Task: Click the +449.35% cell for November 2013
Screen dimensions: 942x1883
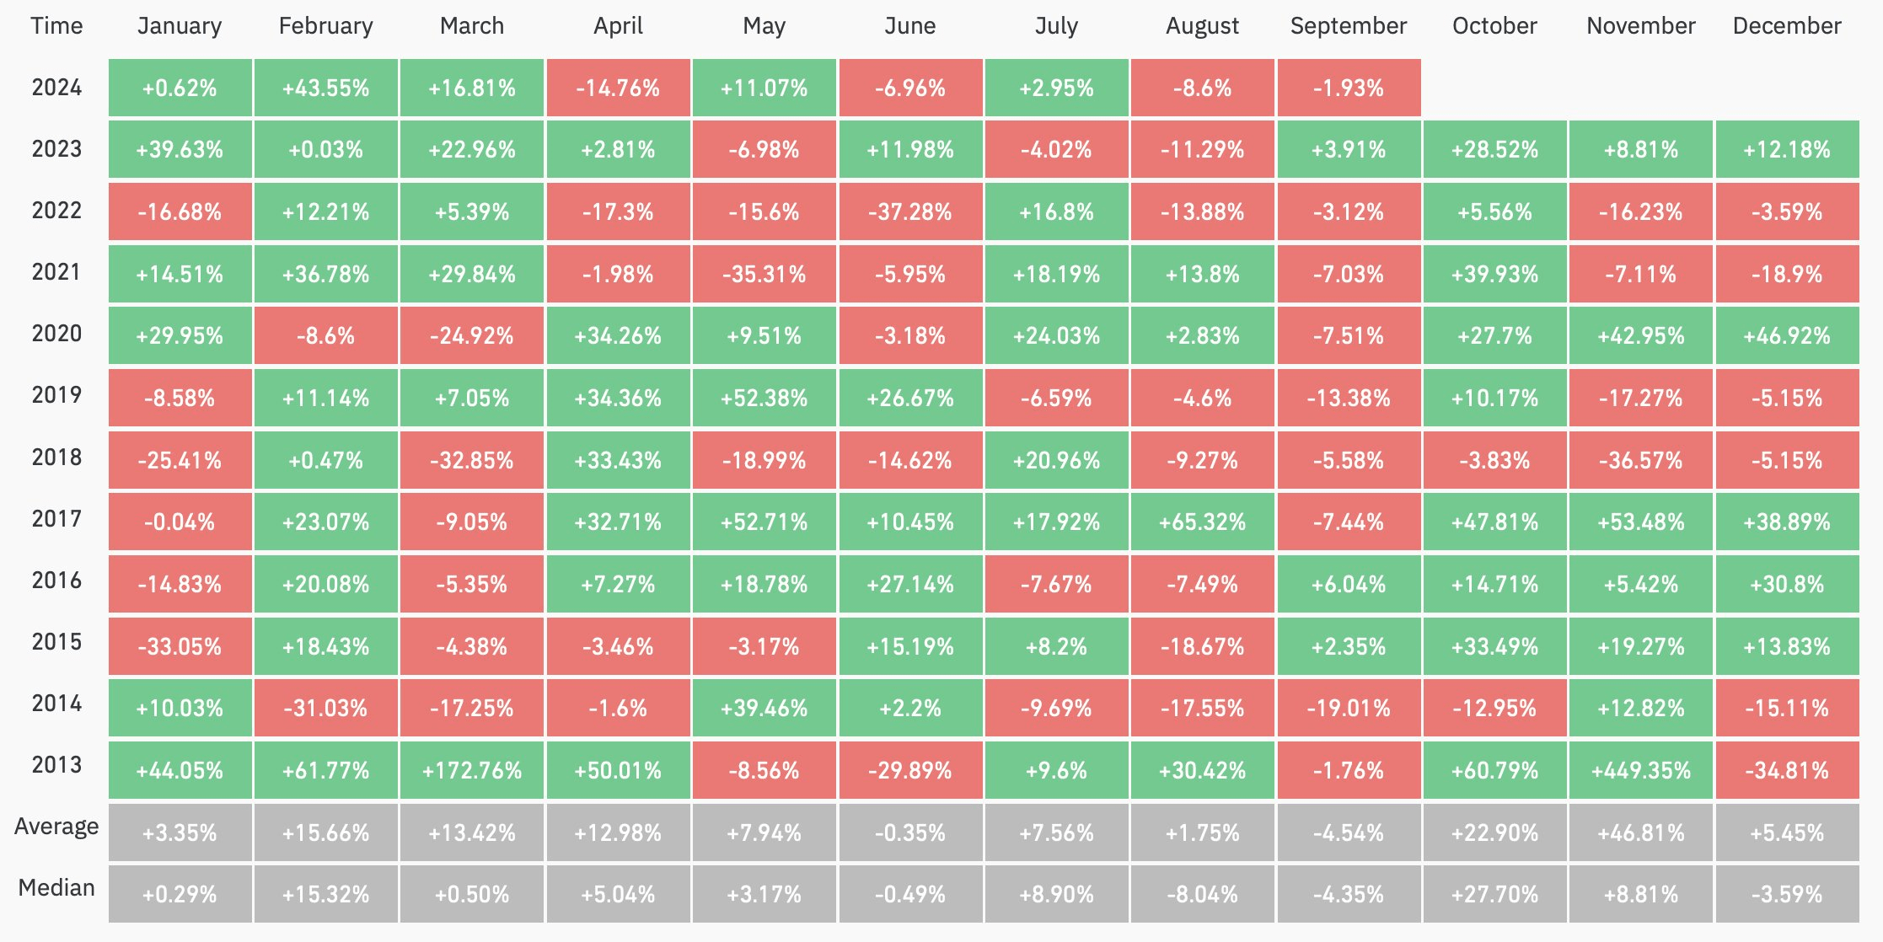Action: (x=1640, y=770)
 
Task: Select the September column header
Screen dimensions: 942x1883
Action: (x=1348, y=26)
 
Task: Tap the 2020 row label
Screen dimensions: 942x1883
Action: (x=56, y=334)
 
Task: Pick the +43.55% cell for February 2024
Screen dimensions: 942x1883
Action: (x=325, y=88)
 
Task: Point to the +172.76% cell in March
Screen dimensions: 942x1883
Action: (x=472, y=770)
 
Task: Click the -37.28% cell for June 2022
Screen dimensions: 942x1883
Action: (x=909, y=211)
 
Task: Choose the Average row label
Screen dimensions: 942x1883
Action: (x=56, y=827)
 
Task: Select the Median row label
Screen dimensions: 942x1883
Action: (x=56, y=888)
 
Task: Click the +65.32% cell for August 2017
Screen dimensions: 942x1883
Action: (x=1202, y=522)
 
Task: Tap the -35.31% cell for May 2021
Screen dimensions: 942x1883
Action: (x=764, y=274)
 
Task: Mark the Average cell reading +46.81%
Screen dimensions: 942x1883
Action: (x=1640, y=832)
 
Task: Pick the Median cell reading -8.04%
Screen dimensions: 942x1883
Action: (x=1202, y=894)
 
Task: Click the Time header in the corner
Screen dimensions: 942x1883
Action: (x=56, y=26)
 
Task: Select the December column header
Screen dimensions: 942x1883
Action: (x=1787, y=26)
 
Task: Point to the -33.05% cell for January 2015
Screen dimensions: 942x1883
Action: (x=180, y=646)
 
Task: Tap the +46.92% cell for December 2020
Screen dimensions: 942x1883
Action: (x=1787, y=335)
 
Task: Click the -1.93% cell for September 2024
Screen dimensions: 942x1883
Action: (x=1348, y=88)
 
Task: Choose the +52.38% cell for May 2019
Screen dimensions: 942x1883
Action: (x=764, y=398)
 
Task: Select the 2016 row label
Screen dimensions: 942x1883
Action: (x=56, y=581)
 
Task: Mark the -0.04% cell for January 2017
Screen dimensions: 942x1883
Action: (x=180, y=522)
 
